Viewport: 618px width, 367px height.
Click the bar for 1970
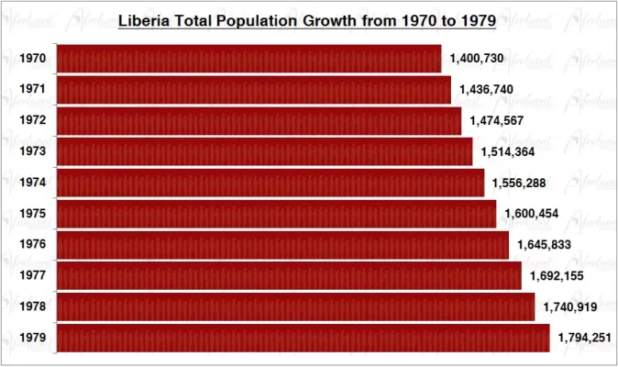coord(248,59)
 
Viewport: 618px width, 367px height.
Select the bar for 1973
coord(264,151)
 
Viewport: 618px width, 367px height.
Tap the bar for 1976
coord(282,245)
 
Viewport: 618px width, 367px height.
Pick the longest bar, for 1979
coord(303,338)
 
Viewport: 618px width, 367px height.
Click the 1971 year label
coord(32,90)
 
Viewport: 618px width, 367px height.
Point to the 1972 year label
coord(32,121)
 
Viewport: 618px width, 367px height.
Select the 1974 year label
coord(32,183)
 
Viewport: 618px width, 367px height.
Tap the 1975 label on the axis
coord(32,214)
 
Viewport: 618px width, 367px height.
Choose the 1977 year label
coord(32,276)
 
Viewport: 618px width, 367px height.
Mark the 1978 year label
coord(32,307)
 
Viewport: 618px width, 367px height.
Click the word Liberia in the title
coord(145,19)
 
